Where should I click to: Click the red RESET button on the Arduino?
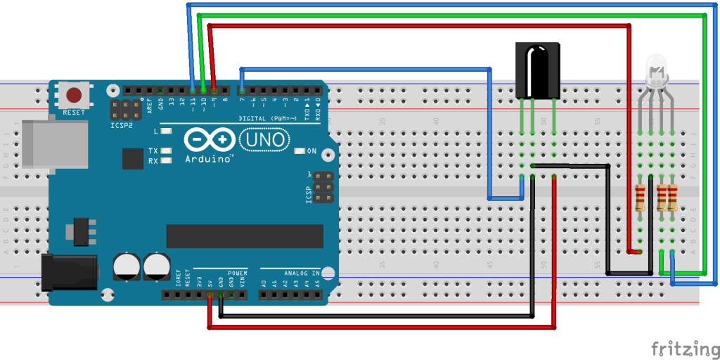tap(73, 95)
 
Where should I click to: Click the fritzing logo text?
tap(684, 348)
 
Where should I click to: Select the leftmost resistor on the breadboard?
tap(640, 198)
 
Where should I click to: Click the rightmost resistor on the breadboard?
tap(673, 198)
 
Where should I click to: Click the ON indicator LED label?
tap(311, 151)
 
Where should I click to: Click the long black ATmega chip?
tap(244, 236)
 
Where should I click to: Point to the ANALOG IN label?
tap(302, 272)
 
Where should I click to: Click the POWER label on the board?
tap(237, 272)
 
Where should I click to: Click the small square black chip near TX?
tap(132, 158)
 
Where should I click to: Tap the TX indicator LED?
tap(167, 151)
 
